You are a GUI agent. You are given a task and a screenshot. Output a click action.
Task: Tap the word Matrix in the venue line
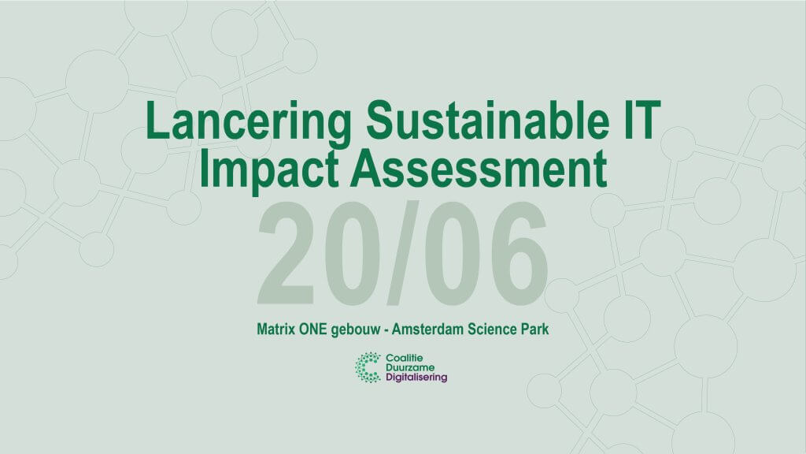pyautogui.click(x=276, y=329)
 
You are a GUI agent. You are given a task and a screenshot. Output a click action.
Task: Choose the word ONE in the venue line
pyautogui.click(x=313, y=329)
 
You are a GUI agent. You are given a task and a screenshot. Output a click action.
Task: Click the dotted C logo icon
pyautogui.click(x=368, y=367)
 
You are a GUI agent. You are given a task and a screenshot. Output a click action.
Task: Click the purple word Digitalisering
pyautogui.click(x=416, y=378)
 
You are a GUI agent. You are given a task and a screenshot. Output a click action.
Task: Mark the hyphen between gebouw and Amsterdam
pyautogui.click(x=386, y=330)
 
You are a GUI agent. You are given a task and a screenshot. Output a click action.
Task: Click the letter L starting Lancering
pyautogui.click(x=157, y=120)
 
